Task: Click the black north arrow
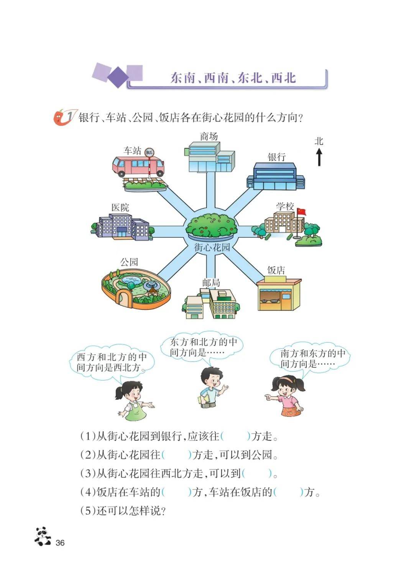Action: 319,158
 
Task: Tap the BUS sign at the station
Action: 149,152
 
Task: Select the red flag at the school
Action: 302,212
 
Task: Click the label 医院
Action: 120,208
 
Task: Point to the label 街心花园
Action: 212,247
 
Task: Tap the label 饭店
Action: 276,270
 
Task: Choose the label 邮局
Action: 211,283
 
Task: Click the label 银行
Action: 277,157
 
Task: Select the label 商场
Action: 209,137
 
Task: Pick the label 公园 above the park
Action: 129,262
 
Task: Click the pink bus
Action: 138,166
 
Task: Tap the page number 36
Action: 60,543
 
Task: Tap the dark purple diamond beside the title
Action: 118,77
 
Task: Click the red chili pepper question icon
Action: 60,117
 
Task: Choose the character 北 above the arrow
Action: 319,141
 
